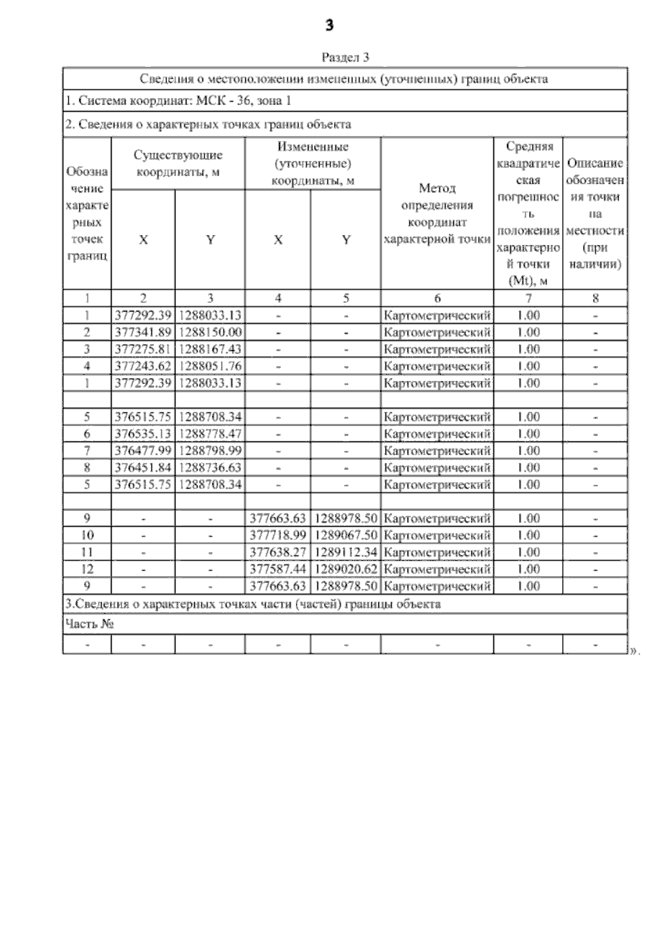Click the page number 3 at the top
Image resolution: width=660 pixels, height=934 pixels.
[329, 25]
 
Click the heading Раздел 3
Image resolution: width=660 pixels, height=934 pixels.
[345, 57]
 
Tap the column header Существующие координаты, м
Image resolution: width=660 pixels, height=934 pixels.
[178, 163]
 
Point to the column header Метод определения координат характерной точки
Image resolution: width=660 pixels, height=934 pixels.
[437, 213]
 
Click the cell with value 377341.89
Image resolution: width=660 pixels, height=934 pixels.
[143, 332]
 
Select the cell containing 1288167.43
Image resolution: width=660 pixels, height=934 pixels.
[210, 349]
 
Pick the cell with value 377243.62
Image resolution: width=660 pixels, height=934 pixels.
[143, 367]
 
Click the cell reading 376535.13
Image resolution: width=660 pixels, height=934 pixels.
[143, 434]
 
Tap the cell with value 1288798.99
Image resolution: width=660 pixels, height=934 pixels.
[210, 451]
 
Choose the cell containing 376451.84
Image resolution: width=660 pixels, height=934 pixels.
[143, 468]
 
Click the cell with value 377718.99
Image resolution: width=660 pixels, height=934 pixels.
[278, 536]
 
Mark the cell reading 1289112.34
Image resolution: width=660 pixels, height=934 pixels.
[346, 552]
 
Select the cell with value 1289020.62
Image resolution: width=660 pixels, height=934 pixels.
[346, 569]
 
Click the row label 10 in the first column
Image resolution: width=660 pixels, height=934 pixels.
[87, 536]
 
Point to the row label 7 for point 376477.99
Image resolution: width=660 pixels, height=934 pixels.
[87, 451]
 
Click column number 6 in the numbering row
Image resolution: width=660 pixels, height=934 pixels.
[437, 298]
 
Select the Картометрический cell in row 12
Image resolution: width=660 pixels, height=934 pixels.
[437, 569]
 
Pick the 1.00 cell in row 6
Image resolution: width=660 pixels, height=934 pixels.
[529, 434]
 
